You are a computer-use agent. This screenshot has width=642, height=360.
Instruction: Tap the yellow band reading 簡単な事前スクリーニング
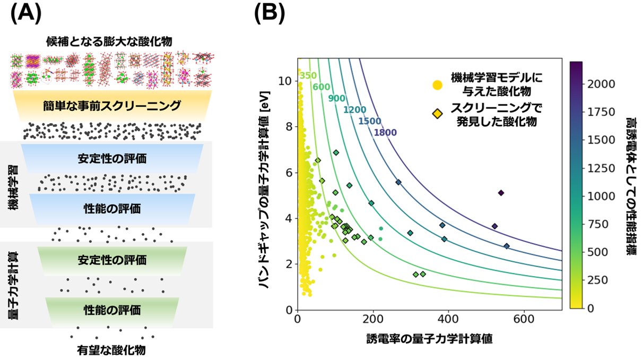tap(112, 106)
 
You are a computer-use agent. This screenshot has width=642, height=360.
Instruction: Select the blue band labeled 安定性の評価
tap(112, 158)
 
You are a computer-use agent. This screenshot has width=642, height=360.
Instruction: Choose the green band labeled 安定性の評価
tap(112, 260)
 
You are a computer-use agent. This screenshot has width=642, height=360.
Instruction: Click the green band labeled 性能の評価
tap(112, 309)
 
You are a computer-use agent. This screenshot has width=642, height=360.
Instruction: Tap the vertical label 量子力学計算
tap(14, 285)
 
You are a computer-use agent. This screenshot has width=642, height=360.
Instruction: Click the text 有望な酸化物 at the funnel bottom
tap(111, 350)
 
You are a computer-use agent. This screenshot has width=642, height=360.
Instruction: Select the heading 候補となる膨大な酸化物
tap(112, 41)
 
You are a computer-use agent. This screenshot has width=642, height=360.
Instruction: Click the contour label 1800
tap(385, 132)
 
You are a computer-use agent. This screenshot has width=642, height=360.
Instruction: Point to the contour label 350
tap(308, 75)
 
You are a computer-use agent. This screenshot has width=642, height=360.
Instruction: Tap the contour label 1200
tap(354, 109)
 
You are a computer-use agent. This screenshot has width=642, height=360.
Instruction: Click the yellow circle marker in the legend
tap(437, 84)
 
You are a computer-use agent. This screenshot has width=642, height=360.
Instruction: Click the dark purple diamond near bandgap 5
tap(501, 193)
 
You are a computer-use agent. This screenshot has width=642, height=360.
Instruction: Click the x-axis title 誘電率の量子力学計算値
tap(429, 339)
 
